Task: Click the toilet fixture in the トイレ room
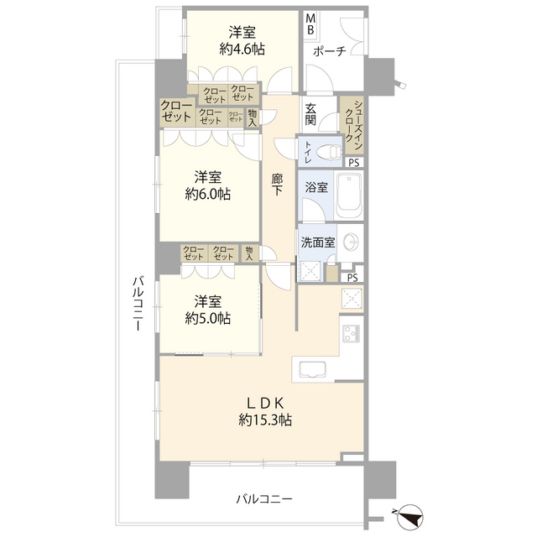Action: click(x=330, y=152)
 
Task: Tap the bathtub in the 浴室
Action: click(x=349, y=196)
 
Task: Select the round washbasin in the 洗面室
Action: click(x=351, y=242)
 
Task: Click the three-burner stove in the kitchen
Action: click(x=352, y=333)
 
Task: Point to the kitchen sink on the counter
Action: click(x=313, y=369)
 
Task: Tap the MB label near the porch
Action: click(x=310, y=24)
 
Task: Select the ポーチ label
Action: click(x=329, y=51)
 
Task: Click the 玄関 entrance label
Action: click(x=310, y=114)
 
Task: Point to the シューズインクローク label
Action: click(x=354, y=125)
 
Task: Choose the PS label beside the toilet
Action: click(x=354, y=163)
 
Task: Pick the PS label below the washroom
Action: click(x=352, y=278)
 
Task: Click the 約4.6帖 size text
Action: click(x=242, y=50)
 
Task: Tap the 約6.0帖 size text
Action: click(x=207, y=195)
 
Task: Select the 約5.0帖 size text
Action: click(x=207, y=319)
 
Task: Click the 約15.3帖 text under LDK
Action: click(x=265, y=420)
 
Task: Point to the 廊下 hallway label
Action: click(x=277, y=185)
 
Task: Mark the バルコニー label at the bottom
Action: click(x=264, y=499)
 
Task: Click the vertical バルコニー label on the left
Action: click(x=138, y=304)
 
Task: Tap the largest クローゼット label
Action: click(x=176, y=112)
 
